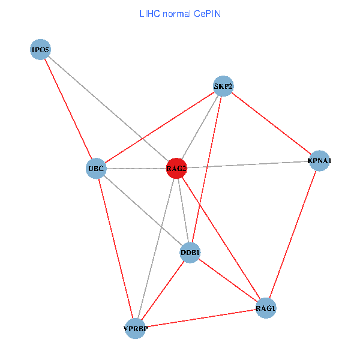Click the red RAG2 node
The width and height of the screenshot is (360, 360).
coord(176,169)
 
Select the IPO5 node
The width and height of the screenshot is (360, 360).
coord(40,49)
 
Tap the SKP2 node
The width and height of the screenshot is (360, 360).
coord(223,86)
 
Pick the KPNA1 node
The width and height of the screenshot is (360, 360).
coord(319,161)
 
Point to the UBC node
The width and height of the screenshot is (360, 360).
coord(96,169)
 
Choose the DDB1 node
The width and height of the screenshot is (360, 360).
coord(190,253)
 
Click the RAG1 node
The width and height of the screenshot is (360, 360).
coord(265,308)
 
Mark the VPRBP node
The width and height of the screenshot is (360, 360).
coord(135,329)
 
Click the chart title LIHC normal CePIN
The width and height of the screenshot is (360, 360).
coord(179,13)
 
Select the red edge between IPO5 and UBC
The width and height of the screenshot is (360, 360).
coord(68,109)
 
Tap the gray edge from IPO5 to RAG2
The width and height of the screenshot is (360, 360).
coord(108,109)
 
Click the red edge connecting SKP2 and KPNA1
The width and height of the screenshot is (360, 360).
coord(271,123)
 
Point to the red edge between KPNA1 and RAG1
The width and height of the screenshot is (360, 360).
coord(292,235)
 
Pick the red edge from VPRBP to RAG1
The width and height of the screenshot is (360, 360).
coord(200,319)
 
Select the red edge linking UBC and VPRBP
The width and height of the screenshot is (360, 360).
coord(115,248)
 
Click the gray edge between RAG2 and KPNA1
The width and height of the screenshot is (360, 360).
coord(247,164)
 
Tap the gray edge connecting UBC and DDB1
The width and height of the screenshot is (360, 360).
coord(143,211)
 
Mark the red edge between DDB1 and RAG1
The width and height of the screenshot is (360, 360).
coord(227,280)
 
